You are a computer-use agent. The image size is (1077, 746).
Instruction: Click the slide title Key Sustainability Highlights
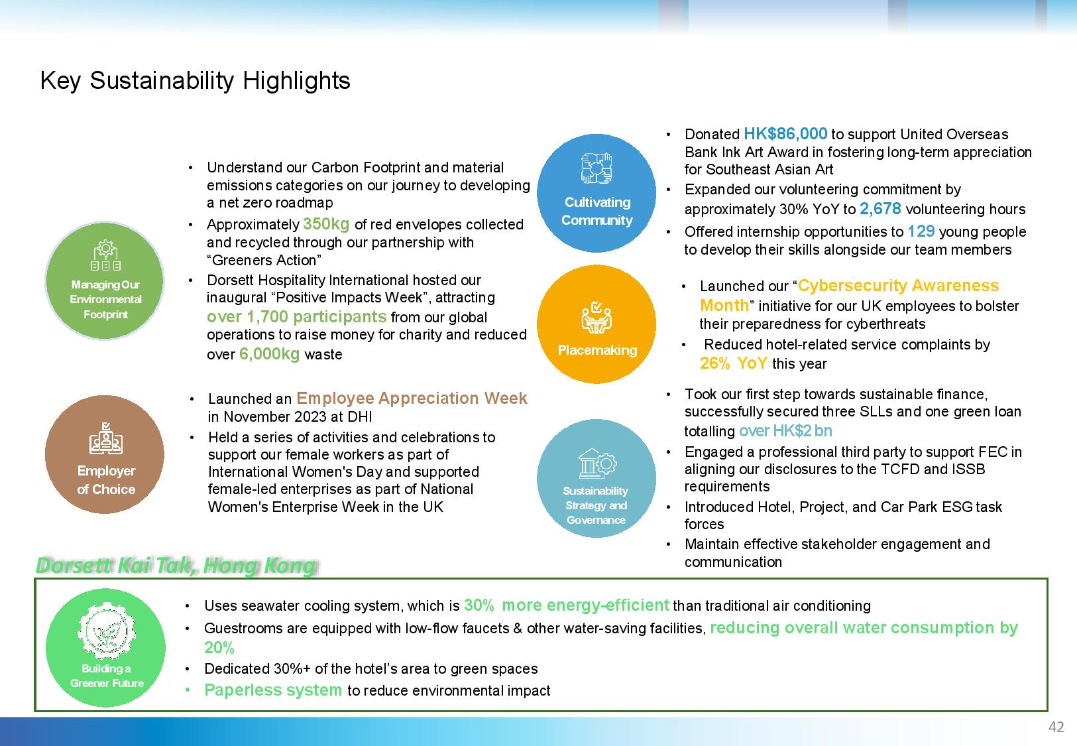(195, 80)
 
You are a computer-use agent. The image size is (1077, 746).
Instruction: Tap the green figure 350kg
(326, 224)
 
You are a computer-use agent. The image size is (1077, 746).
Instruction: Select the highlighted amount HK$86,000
(785, 133)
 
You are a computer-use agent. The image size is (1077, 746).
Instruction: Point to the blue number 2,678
(880, 209)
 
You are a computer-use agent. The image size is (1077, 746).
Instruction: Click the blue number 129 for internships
(921, 231)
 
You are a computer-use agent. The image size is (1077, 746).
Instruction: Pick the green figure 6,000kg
(269, 354)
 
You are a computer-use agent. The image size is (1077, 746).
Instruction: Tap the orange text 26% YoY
(733, 363)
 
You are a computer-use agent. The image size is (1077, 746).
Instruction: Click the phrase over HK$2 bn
(785, 430)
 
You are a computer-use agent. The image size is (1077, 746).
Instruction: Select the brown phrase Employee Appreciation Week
(412, 399)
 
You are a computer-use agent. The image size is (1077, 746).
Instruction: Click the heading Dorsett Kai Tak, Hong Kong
(176, 565)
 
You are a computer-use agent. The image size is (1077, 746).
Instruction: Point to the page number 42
(1056, 727)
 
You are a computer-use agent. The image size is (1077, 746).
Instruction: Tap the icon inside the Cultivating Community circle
(596, 168)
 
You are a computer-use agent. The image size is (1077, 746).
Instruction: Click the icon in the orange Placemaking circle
(596, 318)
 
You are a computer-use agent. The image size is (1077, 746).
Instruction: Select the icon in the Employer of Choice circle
(106, 438)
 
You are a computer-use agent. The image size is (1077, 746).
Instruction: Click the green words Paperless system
(272, 690)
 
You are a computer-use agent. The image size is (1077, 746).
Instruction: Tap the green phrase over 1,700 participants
(296, 316)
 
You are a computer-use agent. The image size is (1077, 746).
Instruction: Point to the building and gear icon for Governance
(596, 464)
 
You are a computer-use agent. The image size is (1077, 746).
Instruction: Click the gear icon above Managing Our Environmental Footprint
(106, 255)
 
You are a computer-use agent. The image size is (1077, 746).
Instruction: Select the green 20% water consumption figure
(219, 648)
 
